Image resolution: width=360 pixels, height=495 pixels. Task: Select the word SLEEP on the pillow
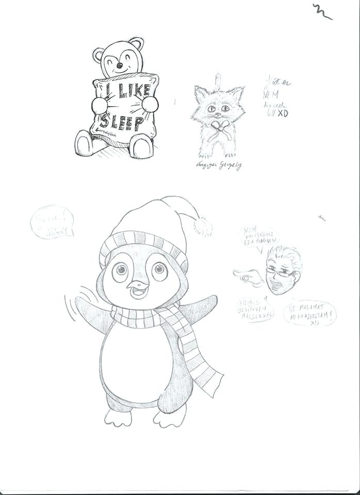[x=122, y=123]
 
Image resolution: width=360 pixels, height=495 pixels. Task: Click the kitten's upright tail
[x=219, y=79]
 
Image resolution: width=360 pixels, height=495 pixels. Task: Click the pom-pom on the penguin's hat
[x=203, y=226]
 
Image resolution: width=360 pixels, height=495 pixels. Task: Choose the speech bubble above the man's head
[x=259, y=237]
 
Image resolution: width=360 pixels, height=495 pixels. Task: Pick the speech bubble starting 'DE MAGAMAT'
[x=309, y=313]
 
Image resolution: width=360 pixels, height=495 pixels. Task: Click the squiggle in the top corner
[x=321, y=11]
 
